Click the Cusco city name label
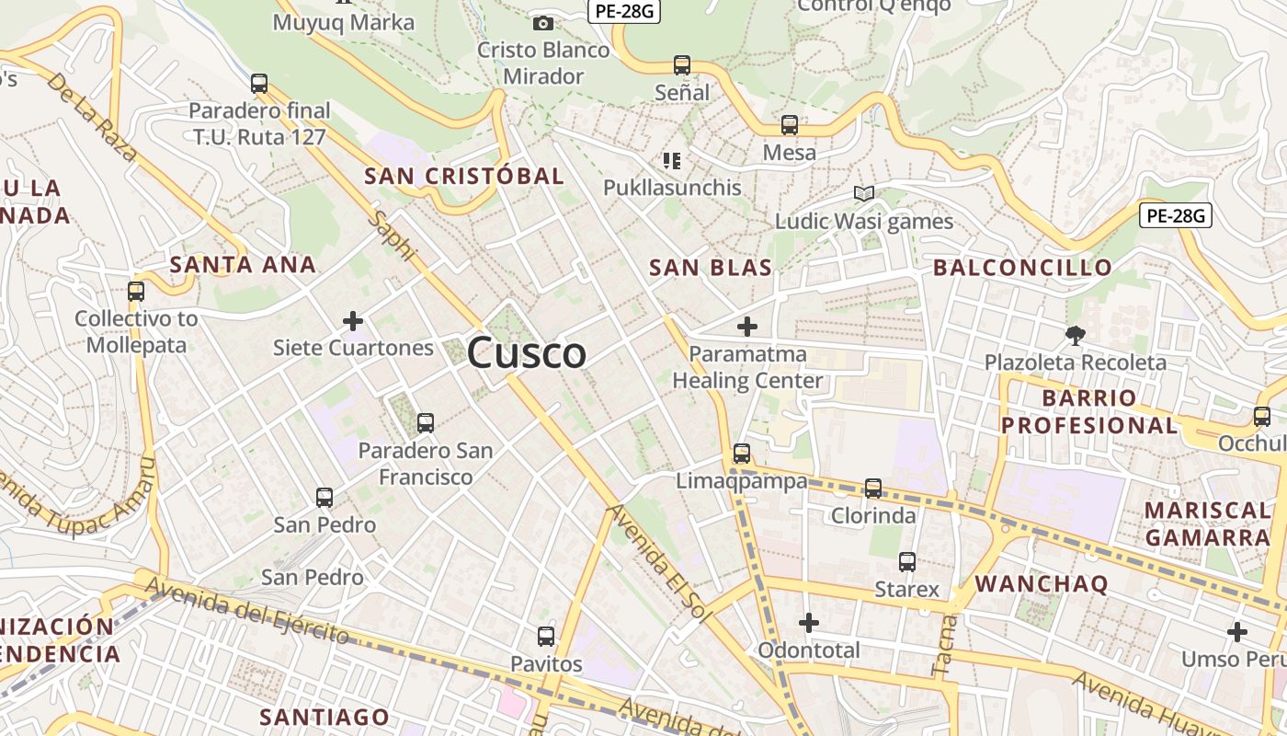click(x=527, y=353)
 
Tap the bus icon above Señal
click(x=681, y=65)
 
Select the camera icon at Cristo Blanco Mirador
click(x=543, y=23)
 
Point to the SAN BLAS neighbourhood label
click(x=710, y=268)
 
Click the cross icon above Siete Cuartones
click(x=352, y=321)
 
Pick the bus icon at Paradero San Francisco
click(x=425, y=423)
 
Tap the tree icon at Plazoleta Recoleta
click(x=1074, y=335)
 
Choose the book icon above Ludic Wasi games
click(x=863, y=193)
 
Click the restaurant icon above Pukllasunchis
click(x=672, y=161)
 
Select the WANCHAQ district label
click(x=1042, y=583)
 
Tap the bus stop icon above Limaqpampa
click(x=741, y=454)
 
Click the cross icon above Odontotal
click(x=808, y=624)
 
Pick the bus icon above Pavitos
click(x=546, y=637)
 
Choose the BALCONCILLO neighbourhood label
click(x=1022, y=268)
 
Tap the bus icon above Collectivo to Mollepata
click(x=136, y=292)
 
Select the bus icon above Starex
click(x=907, y=561)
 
